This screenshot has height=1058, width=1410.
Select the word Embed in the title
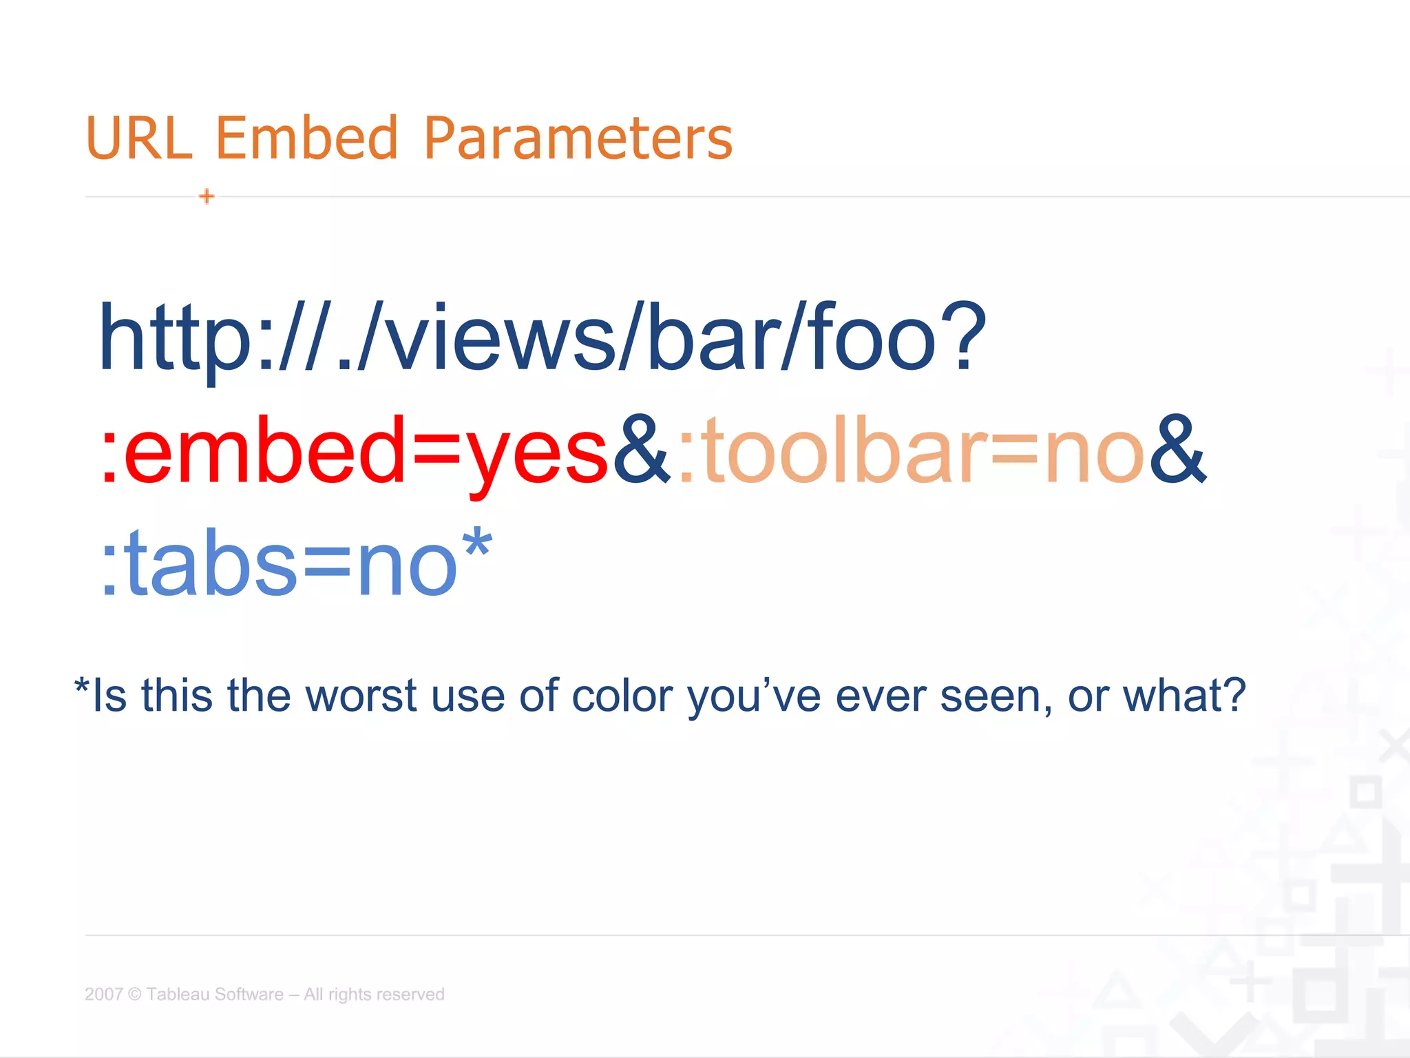[x=307, y=138]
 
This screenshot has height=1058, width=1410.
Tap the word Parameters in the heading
[x=578, y=138]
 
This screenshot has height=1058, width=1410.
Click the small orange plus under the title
[x=207, y=196]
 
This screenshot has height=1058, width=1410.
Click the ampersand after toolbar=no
[x=1177, y=449]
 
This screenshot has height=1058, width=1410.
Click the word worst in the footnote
[x=361, y=696]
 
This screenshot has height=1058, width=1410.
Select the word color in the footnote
[x=622, y=696]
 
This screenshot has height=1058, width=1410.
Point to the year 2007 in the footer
[x=103, y=994]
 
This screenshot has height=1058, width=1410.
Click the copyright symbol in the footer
[x=135, y=994]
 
